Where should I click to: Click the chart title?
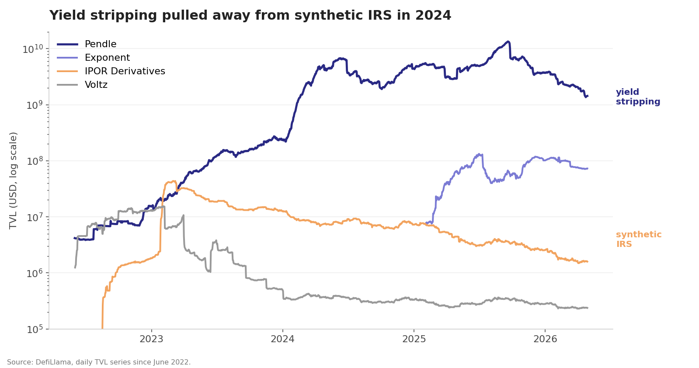(250, 16)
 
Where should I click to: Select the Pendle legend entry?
(100, 44)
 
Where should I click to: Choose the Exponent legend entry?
(107, 58)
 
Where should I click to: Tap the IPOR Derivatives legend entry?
(125, 71)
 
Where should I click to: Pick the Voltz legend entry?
(96, 85)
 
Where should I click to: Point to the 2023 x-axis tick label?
(151, 339)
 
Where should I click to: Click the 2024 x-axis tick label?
(282, 339)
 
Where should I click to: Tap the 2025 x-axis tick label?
(414, 339)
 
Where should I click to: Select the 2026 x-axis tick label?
(545, 339)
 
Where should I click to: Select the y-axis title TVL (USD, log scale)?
(14, 180)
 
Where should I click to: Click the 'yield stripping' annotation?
(638, 97)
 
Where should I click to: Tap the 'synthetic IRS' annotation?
(638, 240)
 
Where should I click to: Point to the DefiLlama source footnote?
(99, 362)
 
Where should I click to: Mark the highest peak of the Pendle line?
(508, 42)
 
